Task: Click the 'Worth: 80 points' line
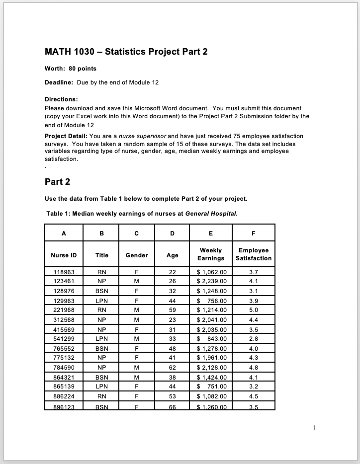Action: [71, 68]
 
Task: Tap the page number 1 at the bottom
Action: [315, 427]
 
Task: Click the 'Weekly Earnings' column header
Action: [211, 254]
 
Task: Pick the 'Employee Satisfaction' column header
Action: [254, 254]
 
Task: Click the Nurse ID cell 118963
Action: [64, 272]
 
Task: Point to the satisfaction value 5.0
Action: [254, 310]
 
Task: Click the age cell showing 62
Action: [173, 368]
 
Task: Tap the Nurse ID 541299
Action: [64, 339]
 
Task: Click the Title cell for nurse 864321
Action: [102, 377]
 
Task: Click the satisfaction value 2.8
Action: [254, 339]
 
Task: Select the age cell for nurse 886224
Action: [173, 396]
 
